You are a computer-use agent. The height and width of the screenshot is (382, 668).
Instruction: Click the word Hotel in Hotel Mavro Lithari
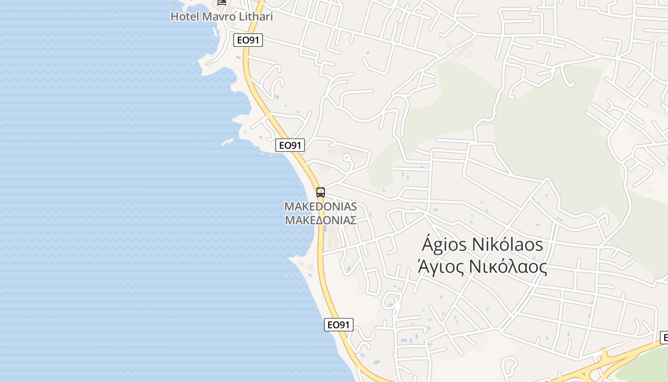point(185,17)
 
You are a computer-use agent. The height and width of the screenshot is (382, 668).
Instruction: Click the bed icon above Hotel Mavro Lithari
point(222,2)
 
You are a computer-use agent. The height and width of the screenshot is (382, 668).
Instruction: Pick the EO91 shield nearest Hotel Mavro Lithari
point(248,40)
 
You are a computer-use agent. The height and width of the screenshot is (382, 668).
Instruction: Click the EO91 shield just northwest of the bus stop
point(290,145)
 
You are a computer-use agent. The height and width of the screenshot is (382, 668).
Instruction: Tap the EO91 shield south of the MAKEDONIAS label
point(338,325)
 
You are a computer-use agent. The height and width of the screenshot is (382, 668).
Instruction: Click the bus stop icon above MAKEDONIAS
point(321,192)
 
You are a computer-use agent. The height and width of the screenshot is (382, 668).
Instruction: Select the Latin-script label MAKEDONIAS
point(321,207)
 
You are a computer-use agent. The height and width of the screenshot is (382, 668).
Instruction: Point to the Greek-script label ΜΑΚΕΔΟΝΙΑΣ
point(321,220)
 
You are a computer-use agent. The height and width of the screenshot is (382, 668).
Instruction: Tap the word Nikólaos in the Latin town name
point(507,245)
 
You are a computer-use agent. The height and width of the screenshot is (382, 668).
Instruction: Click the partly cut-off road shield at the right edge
point(664,337)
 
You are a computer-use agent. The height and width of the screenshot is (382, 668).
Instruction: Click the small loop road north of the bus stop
point(347,161)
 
